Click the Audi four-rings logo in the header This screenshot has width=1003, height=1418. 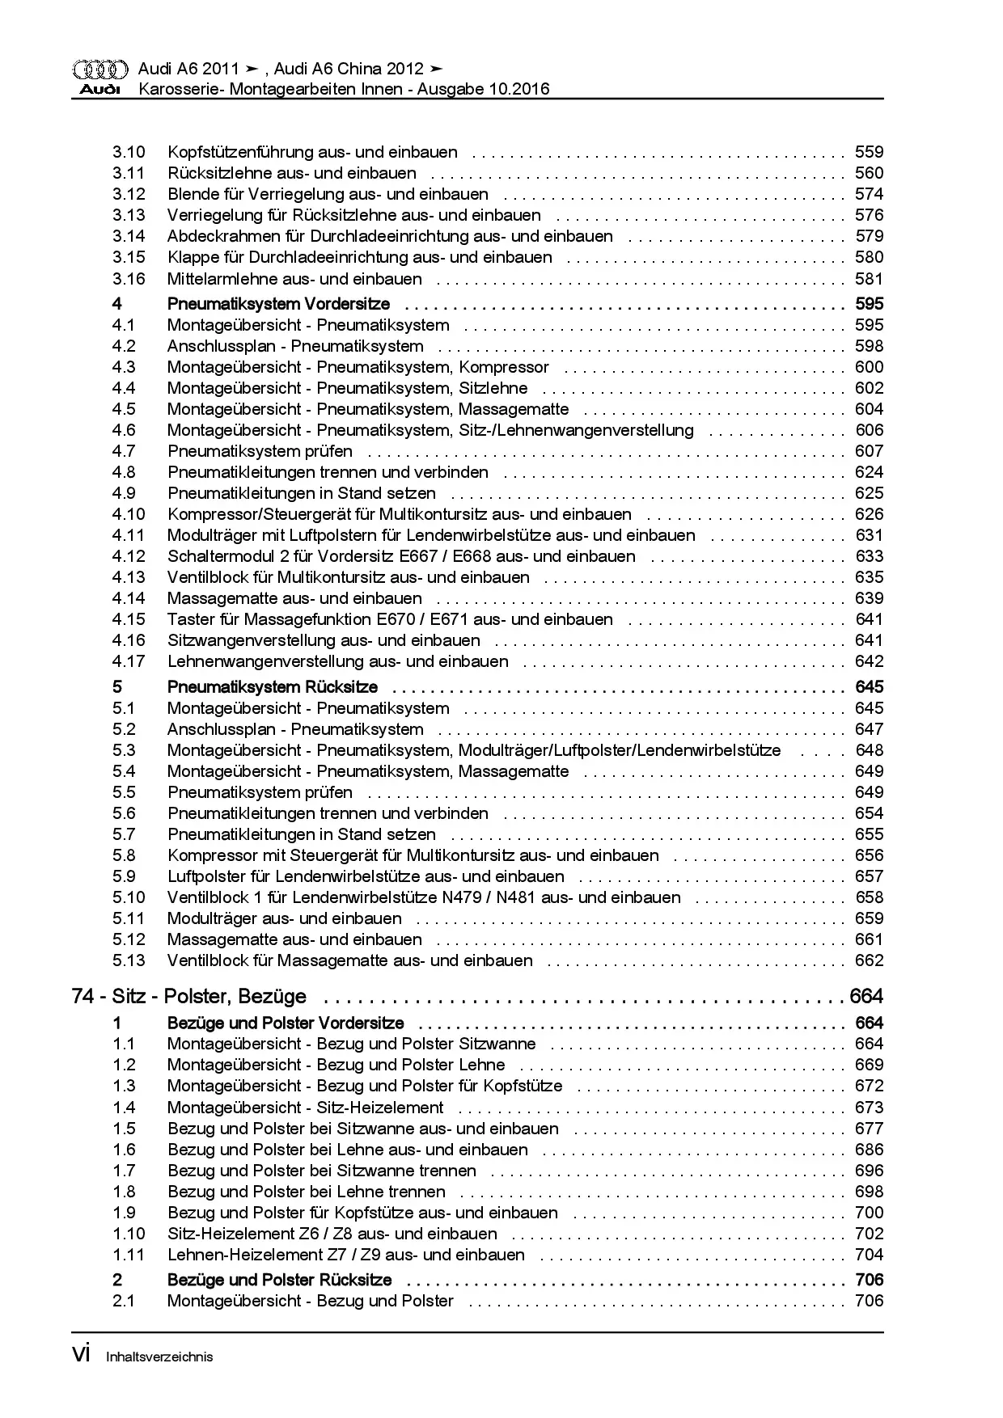(99, 69)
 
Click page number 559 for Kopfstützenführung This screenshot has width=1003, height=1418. (869, 152)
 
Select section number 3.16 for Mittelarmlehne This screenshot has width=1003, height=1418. (129, 279)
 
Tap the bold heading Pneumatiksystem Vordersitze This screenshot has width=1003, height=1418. (278, 304)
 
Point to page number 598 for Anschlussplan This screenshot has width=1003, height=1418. (869, 346)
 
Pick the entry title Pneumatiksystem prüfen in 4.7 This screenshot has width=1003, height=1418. (260, 451)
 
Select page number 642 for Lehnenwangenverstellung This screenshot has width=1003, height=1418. (869, 661)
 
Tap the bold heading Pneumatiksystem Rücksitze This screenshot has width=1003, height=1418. (273, 687)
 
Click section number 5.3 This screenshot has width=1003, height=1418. (124, 750)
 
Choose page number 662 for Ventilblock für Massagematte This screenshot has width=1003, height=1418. (869, 960)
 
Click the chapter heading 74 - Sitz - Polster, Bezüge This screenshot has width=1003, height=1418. (189, 996)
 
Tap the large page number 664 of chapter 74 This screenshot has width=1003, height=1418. (865, 996)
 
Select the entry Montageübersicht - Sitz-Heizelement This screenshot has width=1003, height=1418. (305, 1108)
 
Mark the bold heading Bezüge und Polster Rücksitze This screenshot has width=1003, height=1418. (279, 1280)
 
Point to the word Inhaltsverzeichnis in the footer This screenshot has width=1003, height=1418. (159, 1357)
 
